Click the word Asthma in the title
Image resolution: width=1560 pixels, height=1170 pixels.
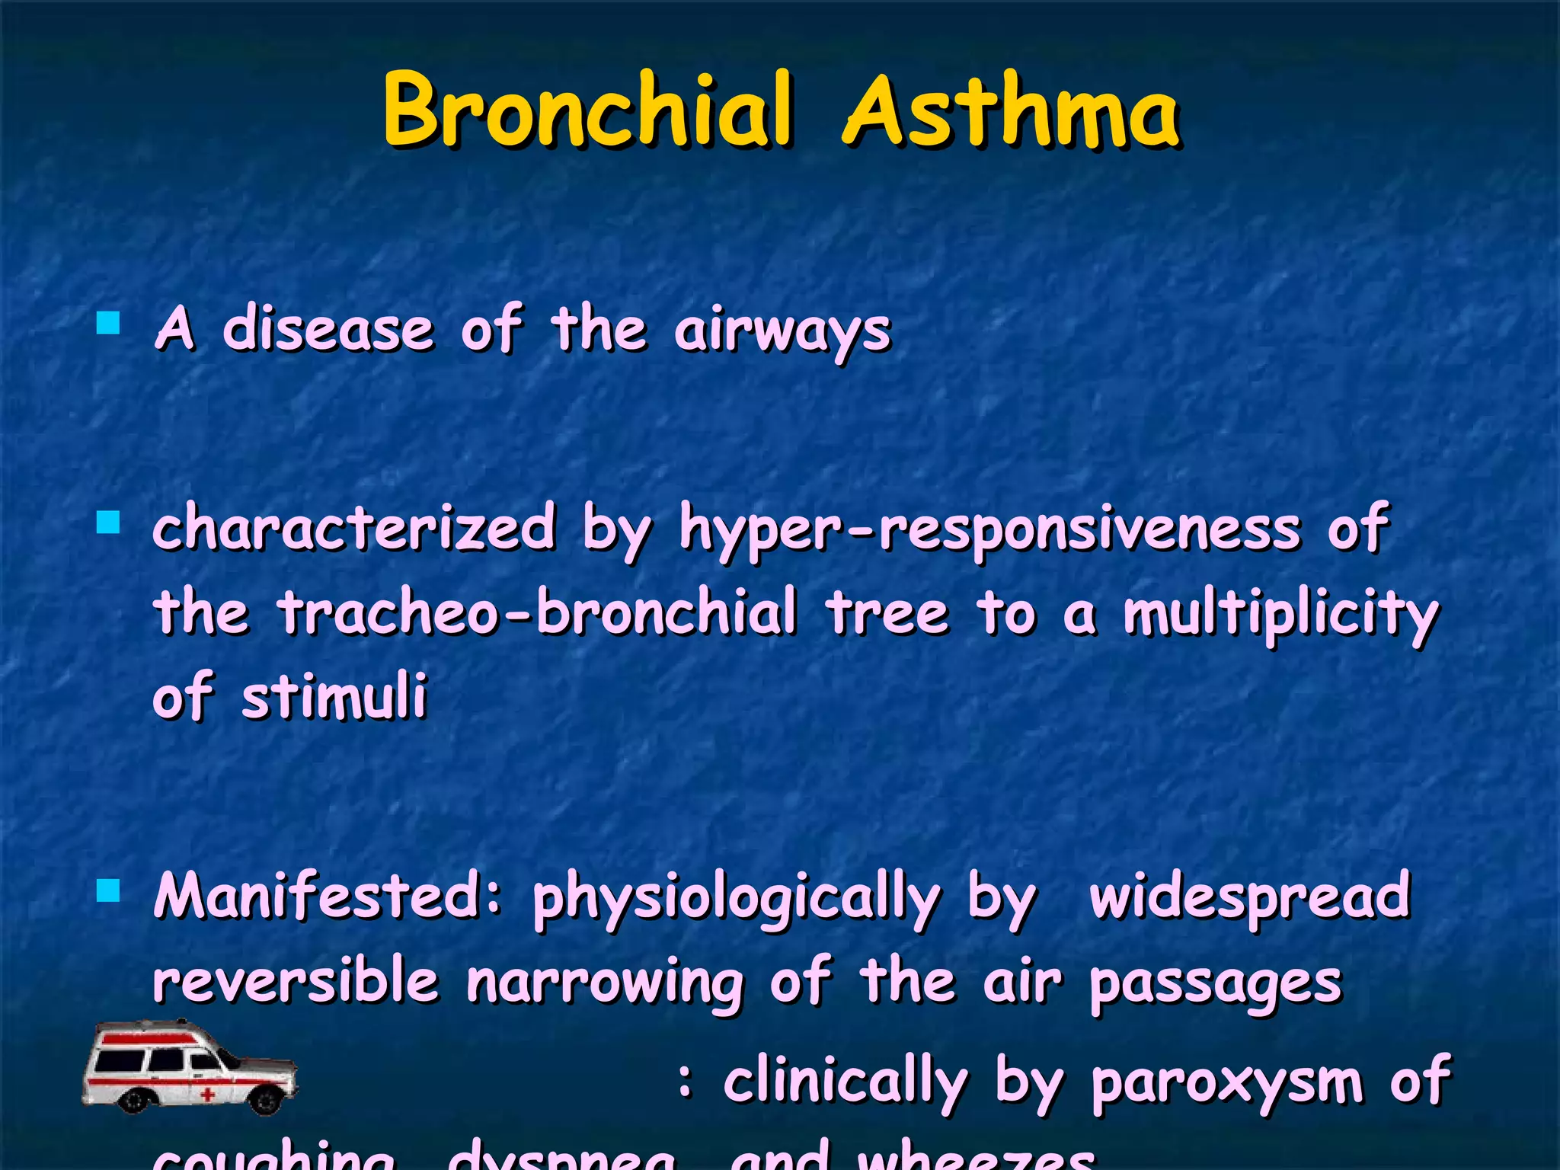[1012, 110]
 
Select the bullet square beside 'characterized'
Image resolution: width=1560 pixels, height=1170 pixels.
[109, 523]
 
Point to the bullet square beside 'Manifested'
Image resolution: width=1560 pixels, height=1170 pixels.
[109, 890]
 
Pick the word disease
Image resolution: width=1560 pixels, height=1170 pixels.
[328, 330]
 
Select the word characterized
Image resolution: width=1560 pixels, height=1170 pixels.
[354, 528]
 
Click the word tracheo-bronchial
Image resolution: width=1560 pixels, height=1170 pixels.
[537, 612]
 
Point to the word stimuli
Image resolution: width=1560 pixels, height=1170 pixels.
[334, 696]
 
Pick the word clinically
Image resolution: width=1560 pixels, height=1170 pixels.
[845, 1082]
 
